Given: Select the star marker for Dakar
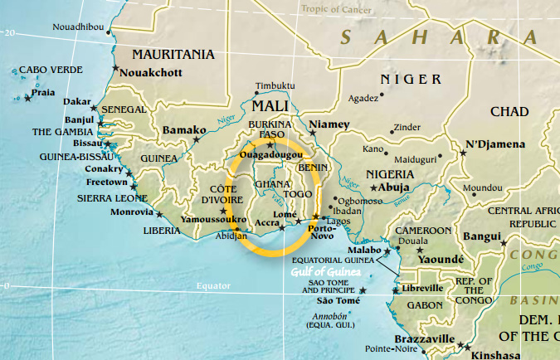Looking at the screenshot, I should (x=94, y=109).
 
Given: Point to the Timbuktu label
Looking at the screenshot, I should (x=275, y=86).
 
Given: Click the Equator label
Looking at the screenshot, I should (x=212, y=285).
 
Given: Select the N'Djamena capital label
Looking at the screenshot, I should (x=494, y=144).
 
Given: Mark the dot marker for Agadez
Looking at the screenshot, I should (x=382, y=95).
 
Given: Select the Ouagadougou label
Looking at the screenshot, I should (x=270, y=154).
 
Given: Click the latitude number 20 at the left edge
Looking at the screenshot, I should (x=10, y=32).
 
